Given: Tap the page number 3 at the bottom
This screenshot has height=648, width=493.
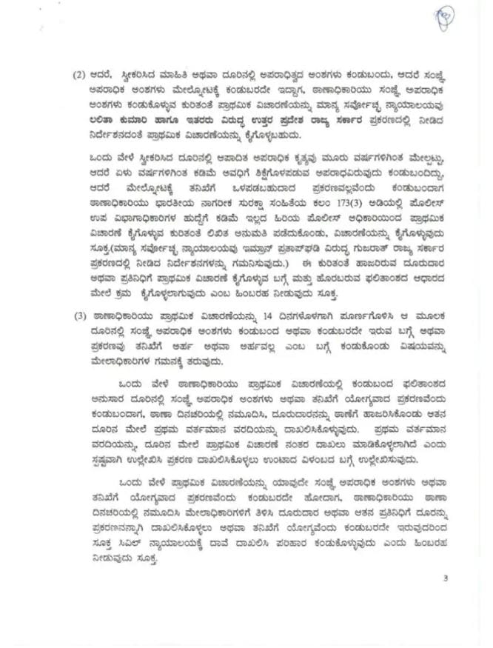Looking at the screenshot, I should (446, 578).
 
